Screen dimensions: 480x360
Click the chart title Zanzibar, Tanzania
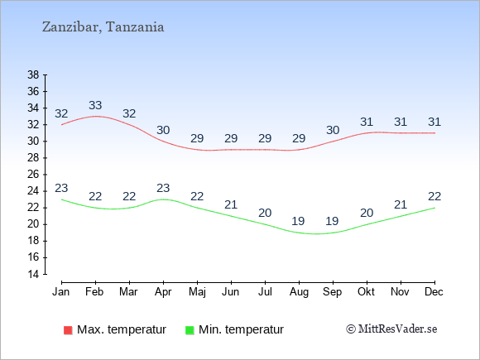[103, 27]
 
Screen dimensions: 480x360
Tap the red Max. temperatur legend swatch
[68, 330]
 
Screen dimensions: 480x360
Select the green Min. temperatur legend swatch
[190, 330]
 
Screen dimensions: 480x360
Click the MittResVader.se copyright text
[391, 329]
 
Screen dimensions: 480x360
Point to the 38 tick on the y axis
[33, 74]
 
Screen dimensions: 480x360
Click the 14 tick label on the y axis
[33, 274]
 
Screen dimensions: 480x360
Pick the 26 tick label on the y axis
[33, 175]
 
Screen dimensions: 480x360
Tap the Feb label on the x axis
[94, 292]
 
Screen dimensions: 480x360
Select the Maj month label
[197, 292]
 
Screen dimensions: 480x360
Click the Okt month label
[366, 292]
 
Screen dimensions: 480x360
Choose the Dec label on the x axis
[434, 292]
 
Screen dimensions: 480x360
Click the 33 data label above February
[95, 105]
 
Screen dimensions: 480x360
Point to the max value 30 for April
[163, 130]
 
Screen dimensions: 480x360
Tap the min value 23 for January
[61, 188]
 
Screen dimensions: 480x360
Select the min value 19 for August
[298, 221]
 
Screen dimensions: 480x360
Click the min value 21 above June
[231, 204]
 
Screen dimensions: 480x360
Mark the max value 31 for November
[401, 122]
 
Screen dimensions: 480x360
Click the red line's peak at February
[95, 117]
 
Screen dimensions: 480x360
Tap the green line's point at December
[434, 208]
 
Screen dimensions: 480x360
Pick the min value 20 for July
[265, 213]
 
